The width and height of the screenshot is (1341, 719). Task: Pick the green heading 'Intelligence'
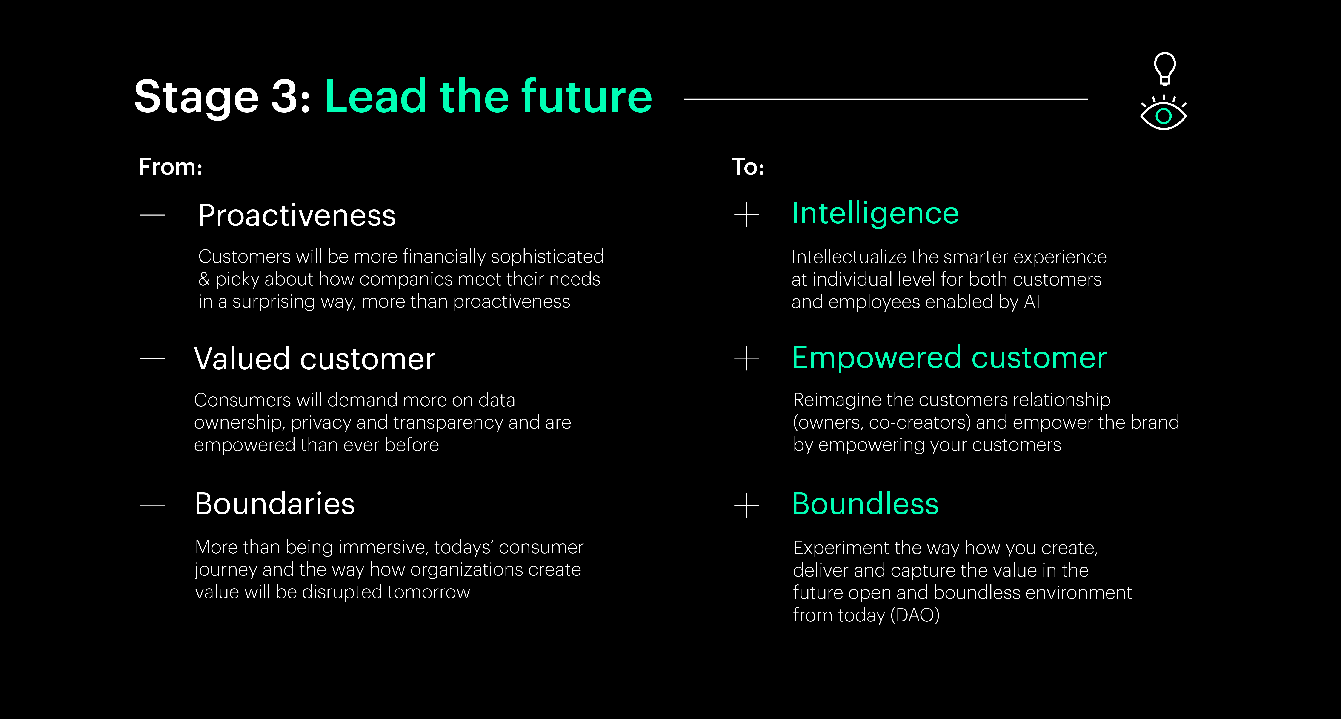(x=875, y=214)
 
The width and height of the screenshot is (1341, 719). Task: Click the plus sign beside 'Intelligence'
(x=746, y=215)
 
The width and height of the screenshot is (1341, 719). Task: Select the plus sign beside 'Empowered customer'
(x=746, y=358)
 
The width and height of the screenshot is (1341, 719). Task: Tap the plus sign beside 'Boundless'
(x=746, y=505)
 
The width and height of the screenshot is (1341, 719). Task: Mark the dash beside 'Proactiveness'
(x=152, y=215)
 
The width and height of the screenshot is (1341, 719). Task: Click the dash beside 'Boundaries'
(x=152, y=505)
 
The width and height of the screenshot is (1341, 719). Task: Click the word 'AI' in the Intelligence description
(x=1032, y=302)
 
